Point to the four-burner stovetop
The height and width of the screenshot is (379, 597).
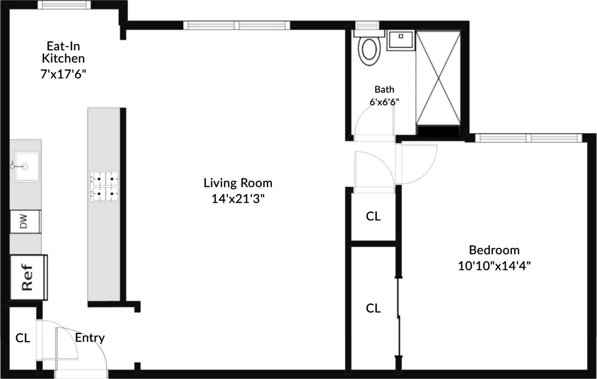105,186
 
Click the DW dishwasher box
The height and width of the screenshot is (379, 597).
25,221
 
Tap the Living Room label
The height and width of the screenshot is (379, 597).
238,183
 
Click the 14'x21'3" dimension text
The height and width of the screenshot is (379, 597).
238,199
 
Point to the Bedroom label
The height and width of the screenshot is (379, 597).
494,250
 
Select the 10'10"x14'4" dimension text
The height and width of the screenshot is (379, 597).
494,266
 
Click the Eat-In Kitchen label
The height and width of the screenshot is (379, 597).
63,52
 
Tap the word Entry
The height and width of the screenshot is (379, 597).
90,338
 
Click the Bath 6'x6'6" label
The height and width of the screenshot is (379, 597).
384,95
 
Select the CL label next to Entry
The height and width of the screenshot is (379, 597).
23,338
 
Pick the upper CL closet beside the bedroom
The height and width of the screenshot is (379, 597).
373,216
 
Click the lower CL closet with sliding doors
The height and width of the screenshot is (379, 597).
373,308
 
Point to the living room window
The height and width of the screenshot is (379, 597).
237,25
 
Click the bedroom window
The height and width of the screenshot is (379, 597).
528,138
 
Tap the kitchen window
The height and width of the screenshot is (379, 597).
64,4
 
